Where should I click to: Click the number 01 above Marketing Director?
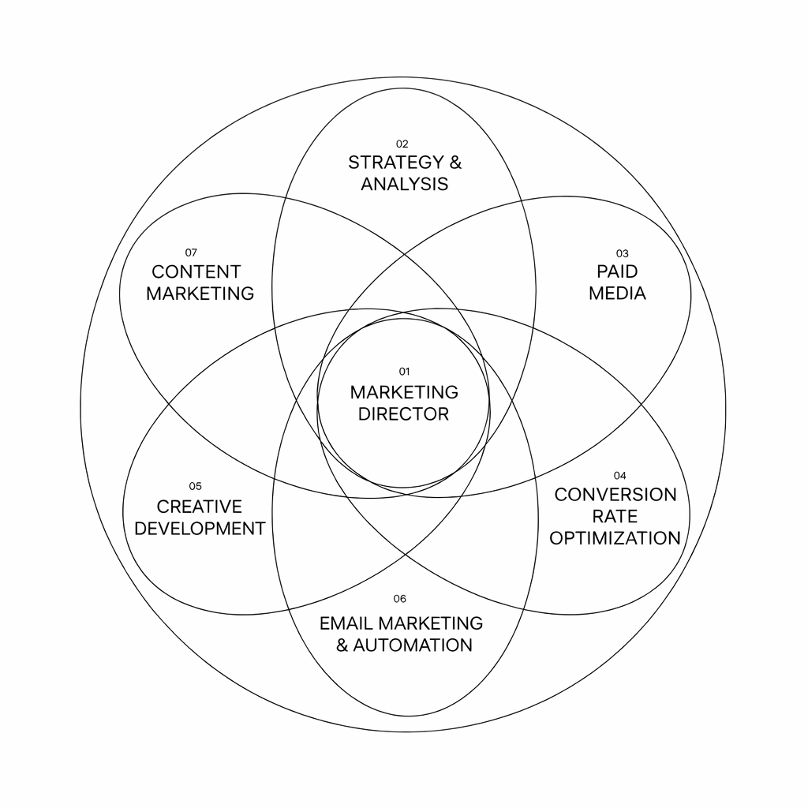(x=404, y=371)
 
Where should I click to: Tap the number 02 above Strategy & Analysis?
(x=402, y=144)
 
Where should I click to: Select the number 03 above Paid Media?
(x=622, y=253)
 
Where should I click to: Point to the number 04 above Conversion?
(x=619, y=475)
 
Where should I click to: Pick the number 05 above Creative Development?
(x=195, y=486)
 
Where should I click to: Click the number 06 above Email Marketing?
(x=399, y=599)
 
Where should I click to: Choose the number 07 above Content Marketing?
(x=191, y=252)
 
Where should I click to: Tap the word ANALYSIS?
(x=404, y=185)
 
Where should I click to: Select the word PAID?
(x=617, y=271)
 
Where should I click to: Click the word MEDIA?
(x=617, y=294)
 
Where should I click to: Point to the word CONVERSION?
(x=615, y=495)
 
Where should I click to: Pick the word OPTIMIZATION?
(x=615, y=538)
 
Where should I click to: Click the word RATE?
(x=615, y=517)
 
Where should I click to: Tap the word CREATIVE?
(x=199, y=507)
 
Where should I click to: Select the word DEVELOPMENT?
(x=199, y=529)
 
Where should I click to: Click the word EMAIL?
(x=347, y=623)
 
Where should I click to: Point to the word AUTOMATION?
(x=413, y=645)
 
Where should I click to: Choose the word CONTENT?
(x=196, y=272)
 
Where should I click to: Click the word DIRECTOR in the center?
(x=403, y=414)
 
